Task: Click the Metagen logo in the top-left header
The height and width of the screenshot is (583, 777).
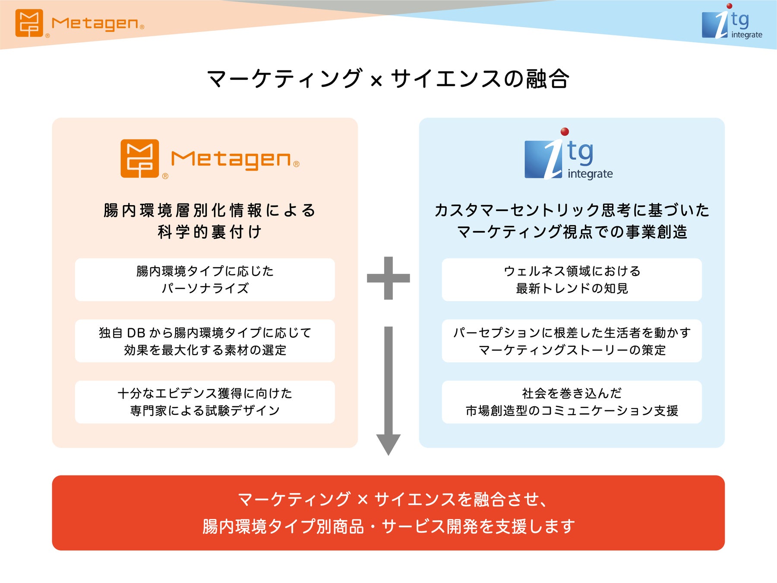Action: pyautogui.click(x=79, y=23)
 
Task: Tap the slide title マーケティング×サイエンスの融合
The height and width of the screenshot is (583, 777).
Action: pyautogui.click(x=388, y=79)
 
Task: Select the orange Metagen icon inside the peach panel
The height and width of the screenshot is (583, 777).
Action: pyautogui.click(x=140, y=158)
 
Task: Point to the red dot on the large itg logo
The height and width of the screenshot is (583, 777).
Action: pyautogui.click(x=564, y=132)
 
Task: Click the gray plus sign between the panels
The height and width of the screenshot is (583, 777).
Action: pyautogui.click(x=388, y=278)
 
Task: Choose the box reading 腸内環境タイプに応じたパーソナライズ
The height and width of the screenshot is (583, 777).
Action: pyautogui.click(x=205, y=279)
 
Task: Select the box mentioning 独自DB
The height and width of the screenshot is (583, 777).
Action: pyautogui.click(x=205, y=341)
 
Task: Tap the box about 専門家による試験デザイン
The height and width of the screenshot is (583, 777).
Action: pyautogui.click(x=205, y=402)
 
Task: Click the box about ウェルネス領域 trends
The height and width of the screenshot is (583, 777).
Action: pyautogui.click(x=572, y=279)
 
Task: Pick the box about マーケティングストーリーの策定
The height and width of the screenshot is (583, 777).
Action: pyautogui.click(x=572, y=341)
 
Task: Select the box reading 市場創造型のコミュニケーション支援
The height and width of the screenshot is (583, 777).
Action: pyautogui.click(x=572, y=402)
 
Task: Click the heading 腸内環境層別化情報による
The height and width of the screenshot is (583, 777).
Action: pyautogui.click(x=209, y=210)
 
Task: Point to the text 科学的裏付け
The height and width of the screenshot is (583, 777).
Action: pyautogui.click(x=209, y=232)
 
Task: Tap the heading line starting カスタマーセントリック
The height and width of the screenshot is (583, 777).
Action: pyautogui.click(x=572, y=210)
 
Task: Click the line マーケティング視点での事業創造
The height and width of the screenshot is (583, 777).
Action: pyautogui.click(x=572, y=232)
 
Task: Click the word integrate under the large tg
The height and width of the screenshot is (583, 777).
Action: pyautogui.click(x=590, y=174)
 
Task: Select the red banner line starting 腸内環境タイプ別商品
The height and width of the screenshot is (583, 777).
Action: pyautogui.click(x=388, y=526)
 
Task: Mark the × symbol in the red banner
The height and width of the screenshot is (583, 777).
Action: pyautogui.click(x=363, y=500)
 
